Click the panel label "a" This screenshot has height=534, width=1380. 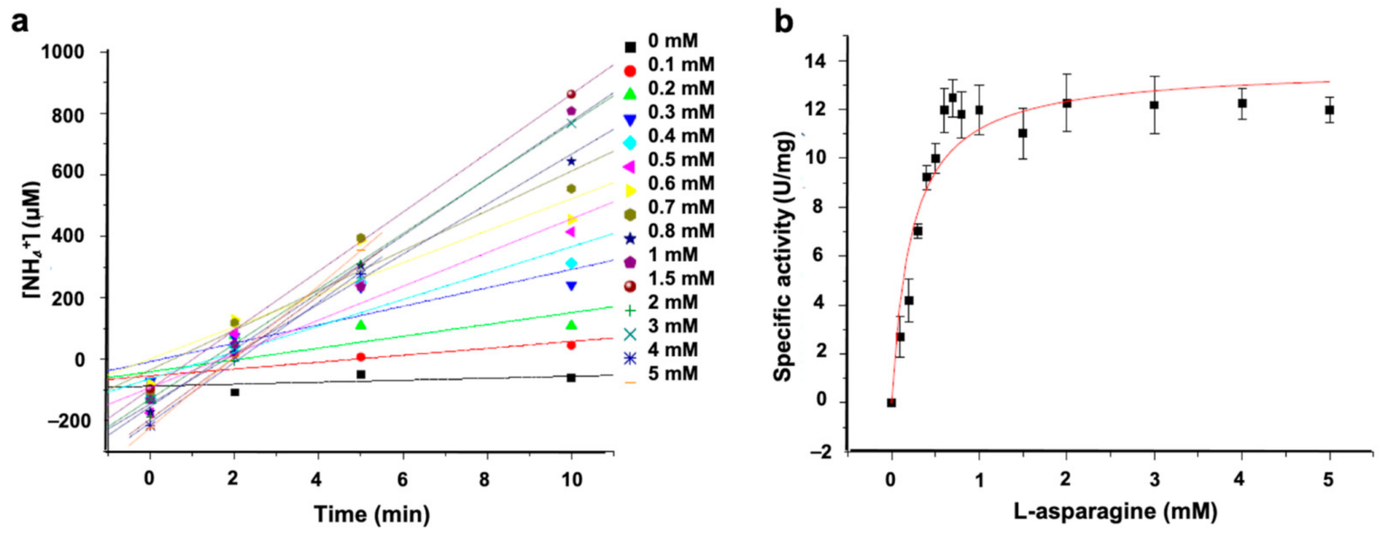[x=21, y=22]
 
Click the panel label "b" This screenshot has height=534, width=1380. [x=784, y=22]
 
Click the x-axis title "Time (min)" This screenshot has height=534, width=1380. [x=372, y=514]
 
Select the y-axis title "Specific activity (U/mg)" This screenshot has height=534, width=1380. [x=783, y=257]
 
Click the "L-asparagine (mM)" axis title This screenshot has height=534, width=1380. [x=1115, y=511]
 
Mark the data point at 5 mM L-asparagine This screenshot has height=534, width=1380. [x=1329, y=109]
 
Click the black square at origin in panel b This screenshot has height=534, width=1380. [x=891, y=402]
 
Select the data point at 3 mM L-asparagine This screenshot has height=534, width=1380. [x=1154, y=105]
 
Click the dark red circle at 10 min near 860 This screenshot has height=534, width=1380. [x=571, y=94]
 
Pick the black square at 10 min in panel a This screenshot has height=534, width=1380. [x=571, y=377]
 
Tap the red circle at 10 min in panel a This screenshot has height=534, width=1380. [x=571, y=345]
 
